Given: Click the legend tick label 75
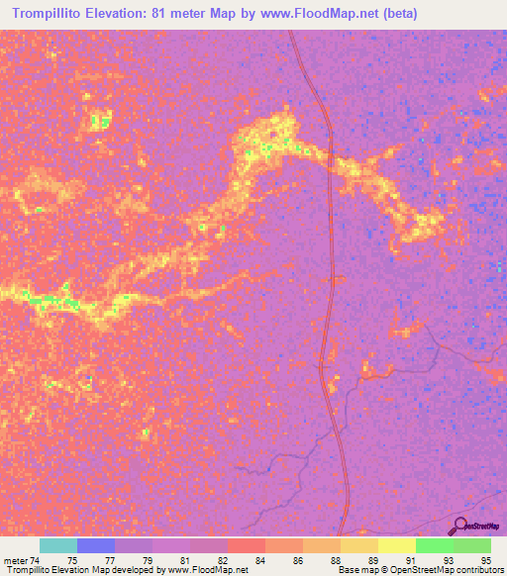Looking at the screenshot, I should click(x=72, y=560).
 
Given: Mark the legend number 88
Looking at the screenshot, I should click(x=335, y=560).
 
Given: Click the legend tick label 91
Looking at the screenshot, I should click(x=409, y=560).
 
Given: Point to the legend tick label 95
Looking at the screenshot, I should click(x=484, y=560).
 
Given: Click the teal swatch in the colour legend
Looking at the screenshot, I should click(x=58, y=545).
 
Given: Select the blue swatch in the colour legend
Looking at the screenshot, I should click(x=96, y=545).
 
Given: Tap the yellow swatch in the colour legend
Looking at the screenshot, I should click(x=396, y=545).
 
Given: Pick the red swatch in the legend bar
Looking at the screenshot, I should click(x=246, y=545).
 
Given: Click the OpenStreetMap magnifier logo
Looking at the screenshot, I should click(x=461, y=526).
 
